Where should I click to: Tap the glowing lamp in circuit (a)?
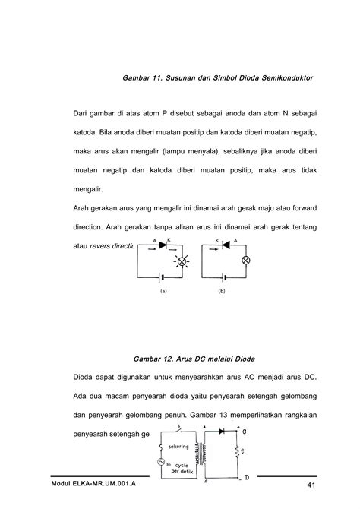(182, 261)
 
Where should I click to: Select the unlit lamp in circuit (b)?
(245, 260)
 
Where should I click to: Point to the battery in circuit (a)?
(159, 278)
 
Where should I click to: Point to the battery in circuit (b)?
(223, 278)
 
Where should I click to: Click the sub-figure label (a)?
(163, 291)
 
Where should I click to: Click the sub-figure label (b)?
(223, 291)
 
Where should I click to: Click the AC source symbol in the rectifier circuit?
(159, 460)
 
